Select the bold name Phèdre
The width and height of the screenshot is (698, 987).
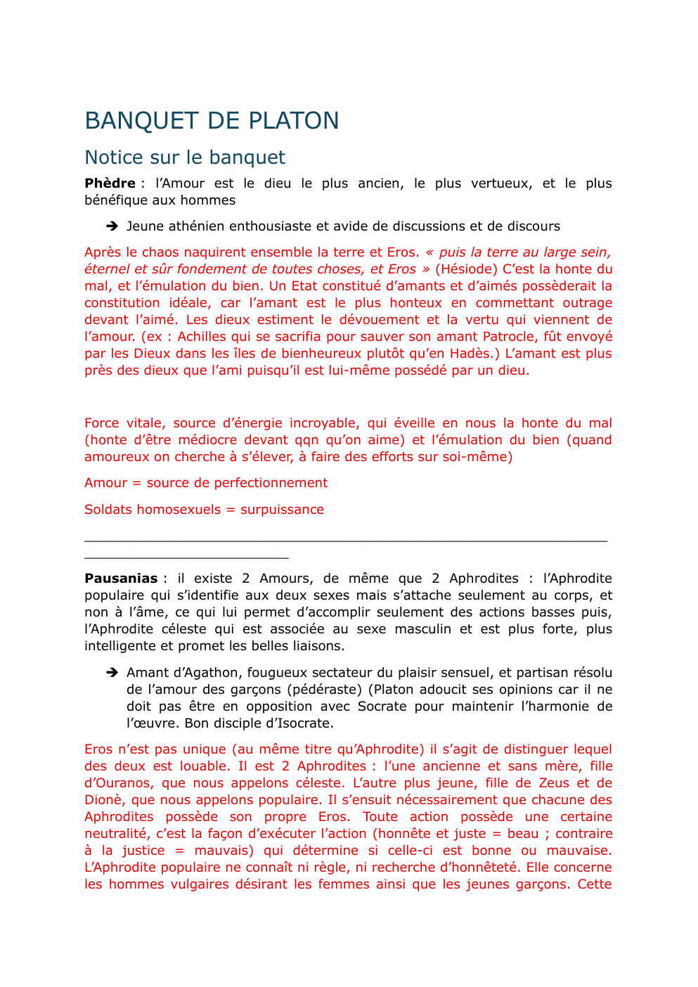coord(110,183)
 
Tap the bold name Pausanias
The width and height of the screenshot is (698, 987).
coord(121,579)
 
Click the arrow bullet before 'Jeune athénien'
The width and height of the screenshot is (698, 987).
coord(112,226)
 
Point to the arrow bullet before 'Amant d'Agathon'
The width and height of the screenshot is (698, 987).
coord(112,673)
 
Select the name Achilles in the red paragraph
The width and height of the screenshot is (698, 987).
coord(204,337)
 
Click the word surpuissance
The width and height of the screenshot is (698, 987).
coord(282,510)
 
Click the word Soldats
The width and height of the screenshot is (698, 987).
coord(106,510)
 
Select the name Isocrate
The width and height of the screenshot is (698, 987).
coord(300,723)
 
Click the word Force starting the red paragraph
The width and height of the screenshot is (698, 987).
coord(102,423)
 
